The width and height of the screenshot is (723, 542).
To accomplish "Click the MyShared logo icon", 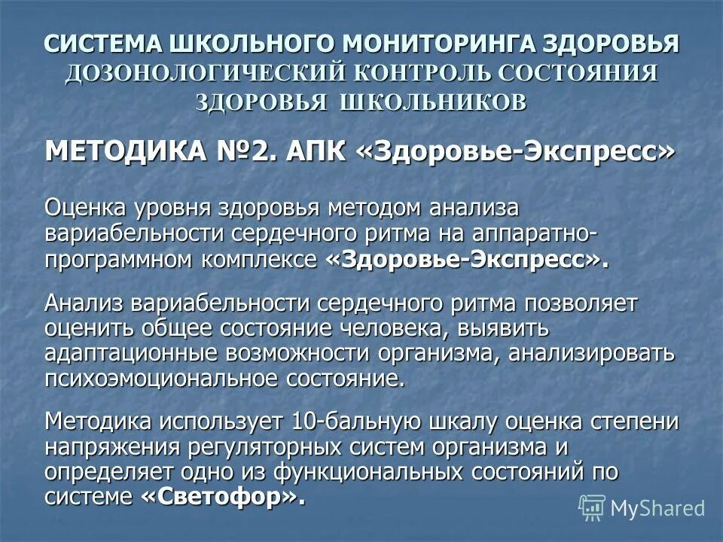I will pyautogui.click(x=591, y=507).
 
